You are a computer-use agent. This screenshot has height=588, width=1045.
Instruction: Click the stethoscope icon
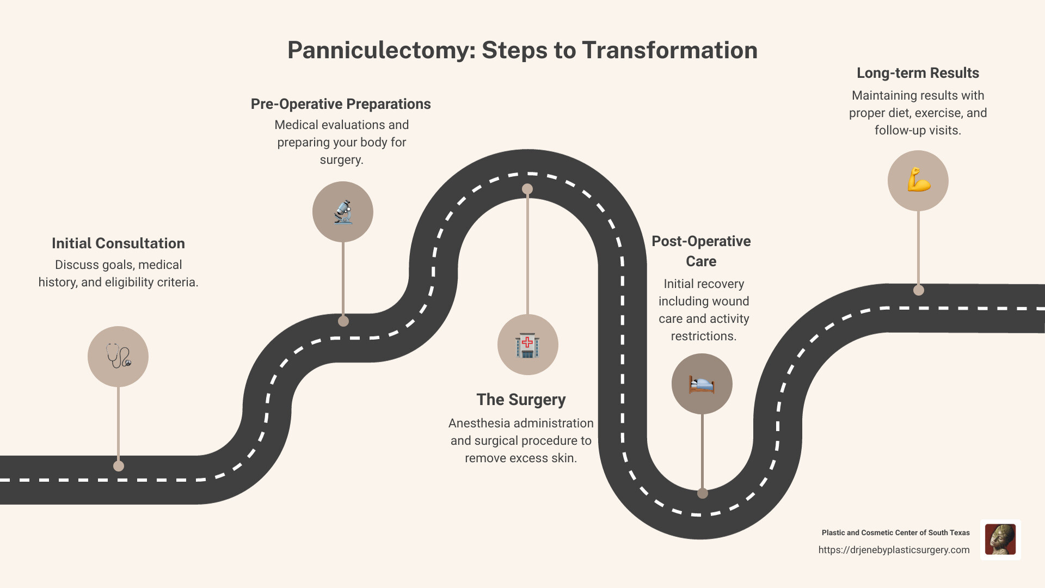click(118, 357)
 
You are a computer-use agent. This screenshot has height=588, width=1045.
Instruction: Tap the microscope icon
click(343, 212)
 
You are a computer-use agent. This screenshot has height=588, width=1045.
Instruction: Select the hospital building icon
click(527, 345)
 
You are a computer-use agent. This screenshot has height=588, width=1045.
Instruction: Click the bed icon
click(702, 384)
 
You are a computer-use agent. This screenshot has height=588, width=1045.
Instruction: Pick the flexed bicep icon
click(918, 181)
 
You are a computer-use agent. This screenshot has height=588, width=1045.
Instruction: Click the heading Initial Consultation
click(118, 243)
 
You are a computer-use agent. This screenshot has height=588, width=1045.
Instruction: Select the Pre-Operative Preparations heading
click(341, 104)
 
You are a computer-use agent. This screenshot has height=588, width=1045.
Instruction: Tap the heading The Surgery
click(521, 400)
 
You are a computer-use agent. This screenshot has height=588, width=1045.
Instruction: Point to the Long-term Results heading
click(918, 73)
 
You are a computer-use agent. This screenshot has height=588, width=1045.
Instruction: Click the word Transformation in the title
click(669, 51)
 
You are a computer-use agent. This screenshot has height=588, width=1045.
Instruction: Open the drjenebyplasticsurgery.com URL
click(894, 550)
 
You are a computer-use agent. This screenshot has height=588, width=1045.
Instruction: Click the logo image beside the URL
click(1000, 540)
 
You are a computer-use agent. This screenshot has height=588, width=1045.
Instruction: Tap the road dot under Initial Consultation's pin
click(119, 466)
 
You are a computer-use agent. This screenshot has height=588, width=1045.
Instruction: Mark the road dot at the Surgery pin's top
click(527, 189)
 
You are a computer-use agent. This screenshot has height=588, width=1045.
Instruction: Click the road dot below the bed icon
click(703, 493)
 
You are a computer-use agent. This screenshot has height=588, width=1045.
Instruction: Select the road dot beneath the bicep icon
click(919, 290)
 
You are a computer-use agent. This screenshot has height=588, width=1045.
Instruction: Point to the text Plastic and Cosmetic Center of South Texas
click(895, 533)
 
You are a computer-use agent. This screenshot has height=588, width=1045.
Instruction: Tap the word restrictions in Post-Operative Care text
click(703, 336)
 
